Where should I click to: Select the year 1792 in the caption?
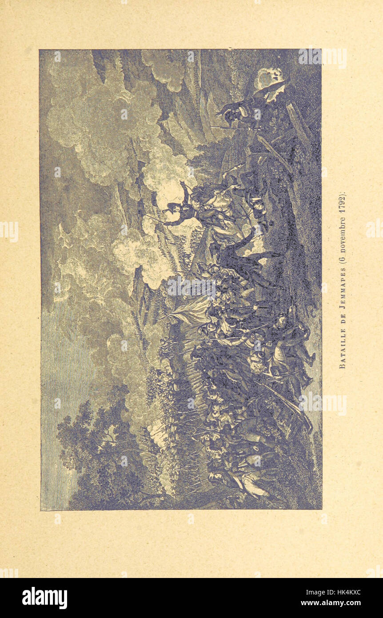click(x=342, y=203)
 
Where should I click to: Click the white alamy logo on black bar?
click(x=44, y=598)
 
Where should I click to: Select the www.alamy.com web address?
click(x=331, y=603)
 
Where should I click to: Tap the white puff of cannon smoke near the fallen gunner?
click(x=269, y=78)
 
